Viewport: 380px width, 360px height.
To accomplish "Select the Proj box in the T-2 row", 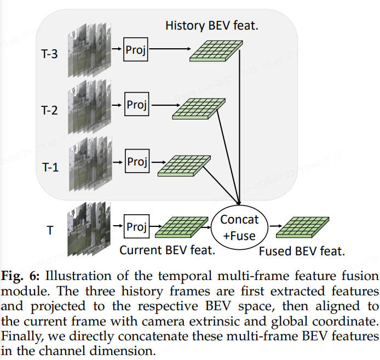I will point(136,104).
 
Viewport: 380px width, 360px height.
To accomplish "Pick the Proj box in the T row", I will point(136,226).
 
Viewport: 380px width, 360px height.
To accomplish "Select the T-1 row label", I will point(50,168).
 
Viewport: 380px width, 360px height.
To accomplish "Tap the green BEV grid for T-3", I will point(215,50).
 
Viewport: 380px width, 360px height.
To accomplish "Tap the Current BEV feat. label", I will point(167,251).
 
